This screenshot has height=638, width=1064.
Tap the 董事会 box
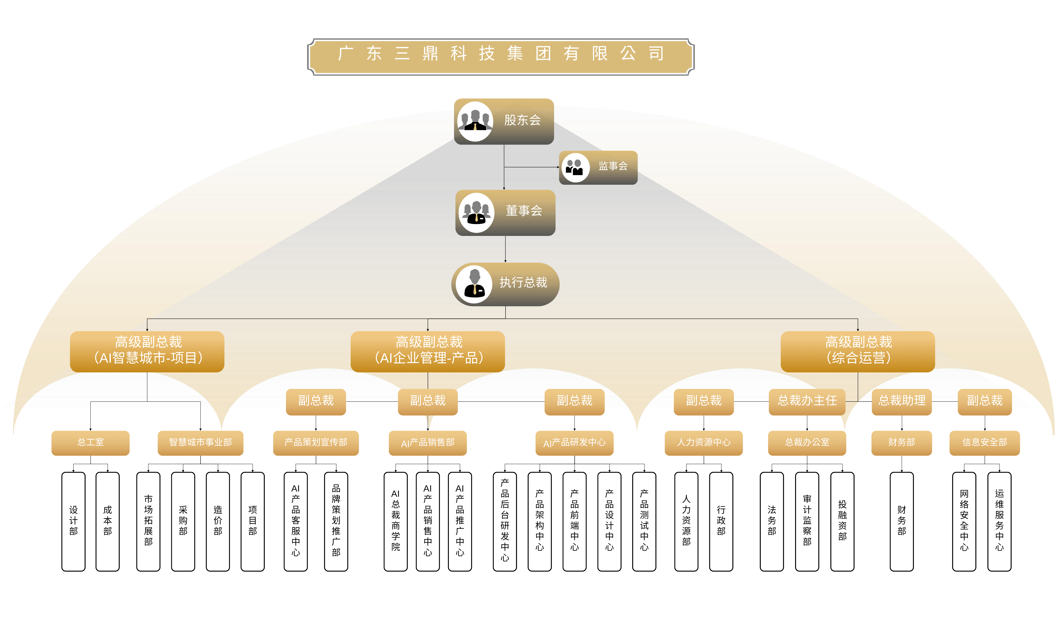[x=505, y=213]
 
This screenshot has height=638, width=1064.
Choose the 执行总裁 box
[x=505, y=284]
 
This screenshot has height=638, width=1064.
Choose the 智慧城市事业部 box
[x=200, y=443]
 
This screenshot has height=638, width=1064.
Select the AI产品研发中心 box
[x=575, y=443]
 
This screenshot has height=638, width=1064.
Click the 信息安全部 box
[x=985, y=443]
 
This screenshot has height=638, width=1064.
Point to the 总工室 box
[x=90, y=443]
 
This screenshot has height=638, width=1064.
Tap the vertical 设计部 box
[x=74, y=522]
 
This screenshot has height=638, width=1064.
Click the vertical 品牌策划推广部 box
[x=336, y=522]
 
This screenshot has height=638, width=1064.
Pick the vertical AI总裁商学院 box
[x=396, y=522]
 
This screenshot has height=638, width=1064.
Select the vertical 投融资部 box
[x=843, y=522]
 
